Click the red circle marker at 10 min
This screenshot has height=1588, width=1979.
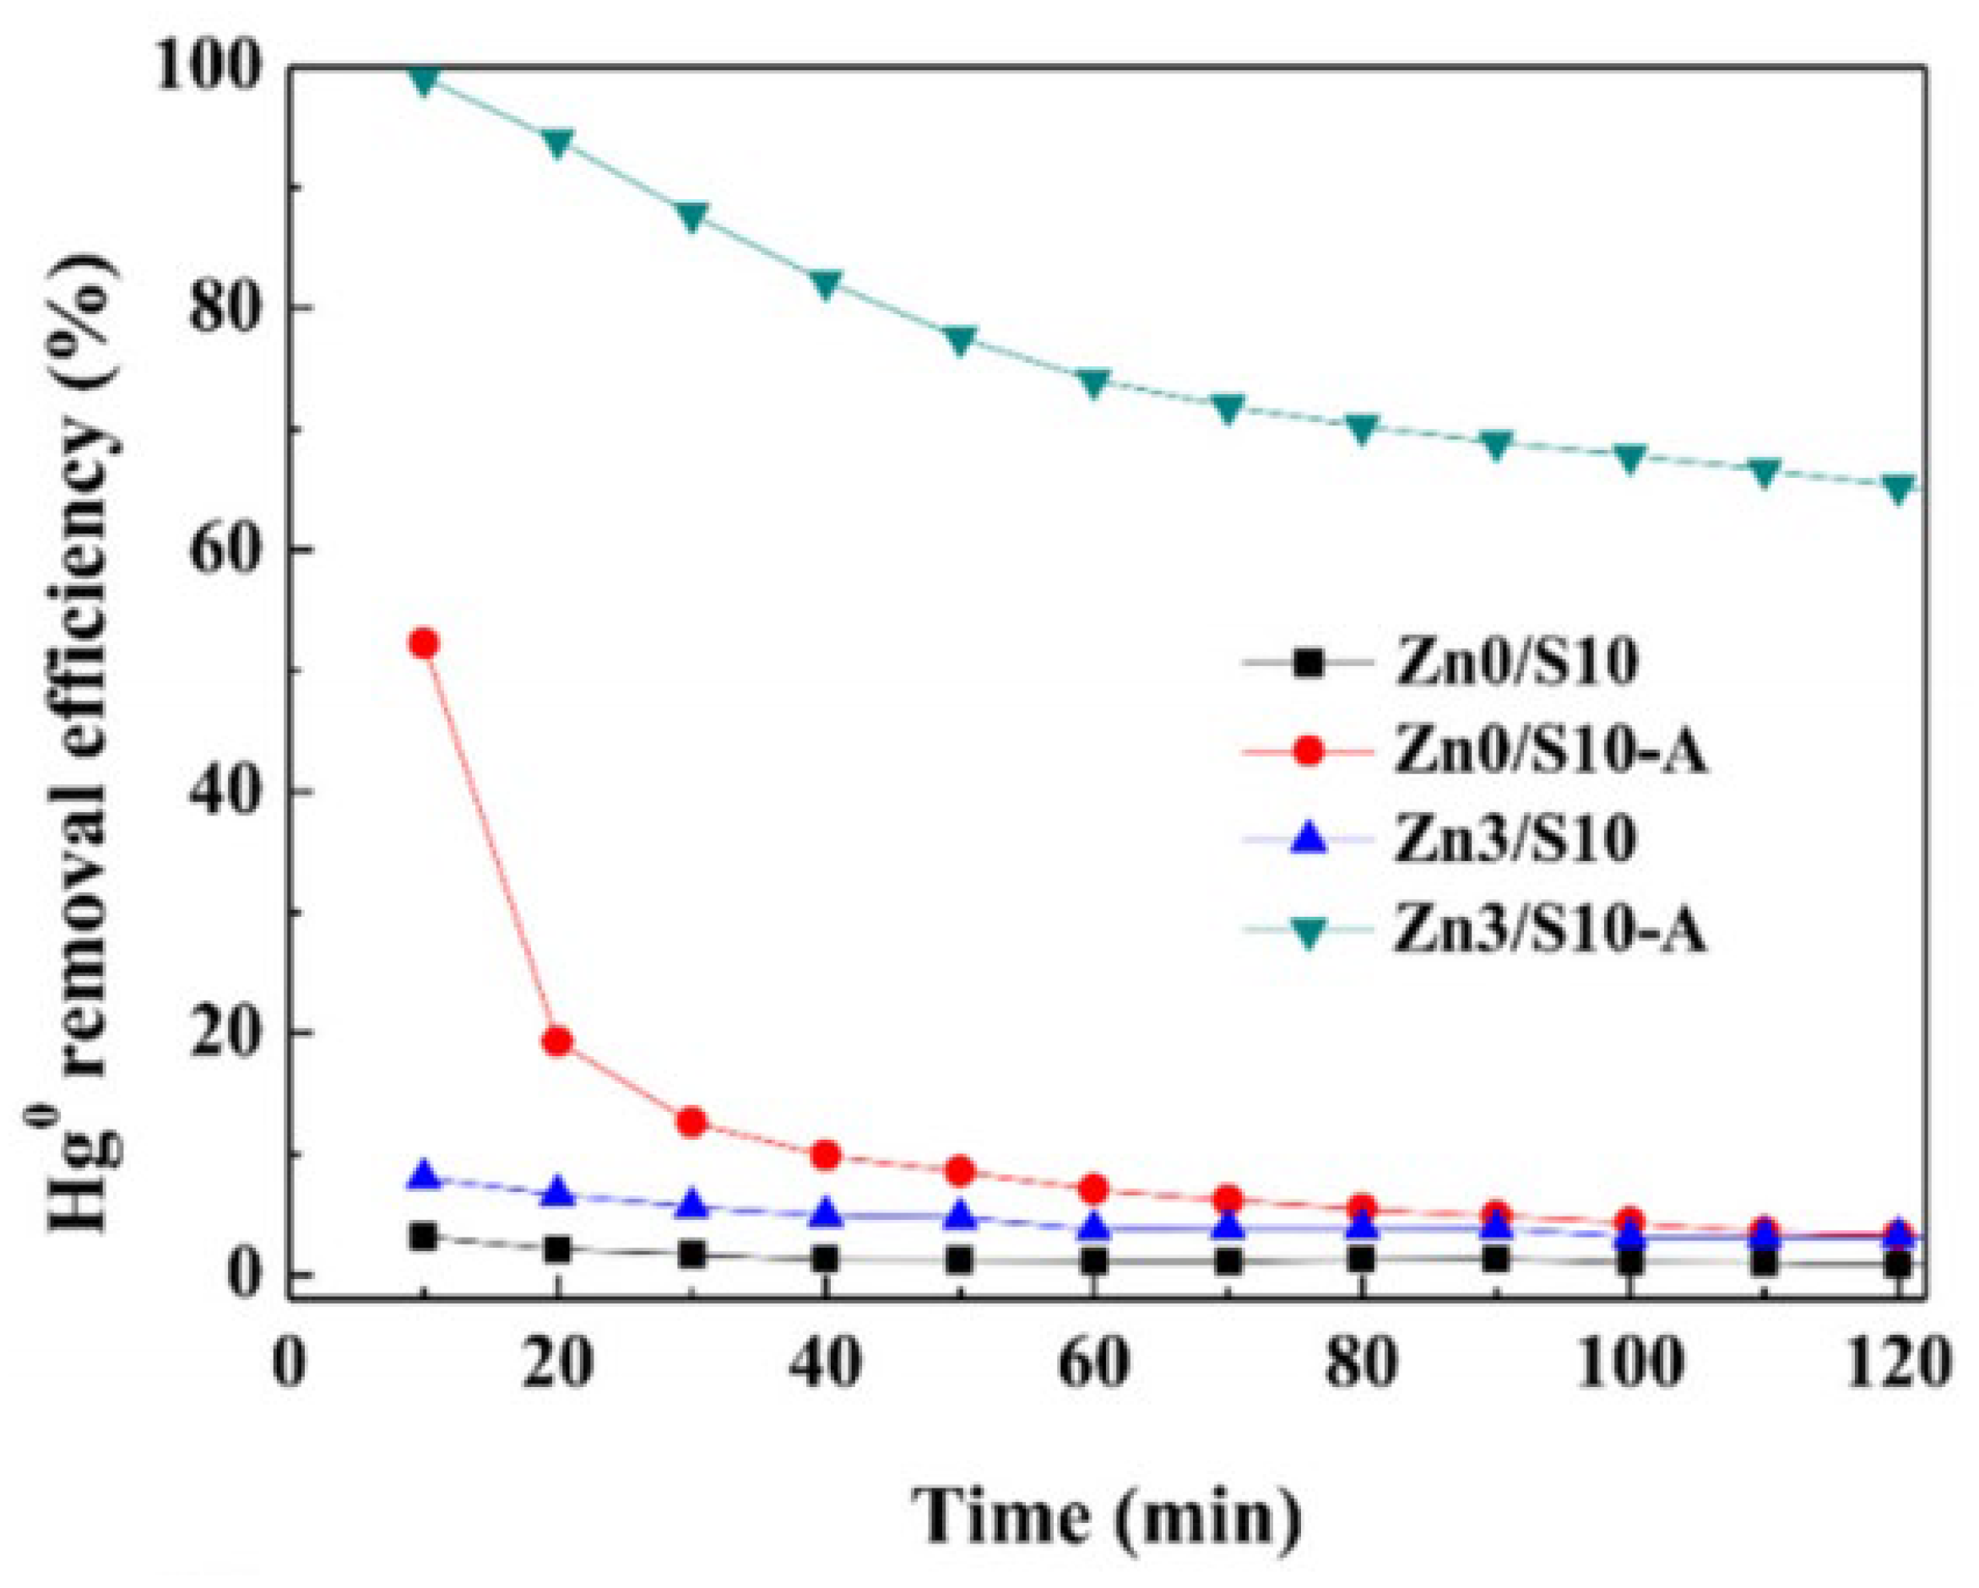pyautogui.click(x=423, y=643)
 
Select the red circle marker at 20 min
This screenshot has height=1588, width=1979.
pyautogui.click(x=557, y=1042)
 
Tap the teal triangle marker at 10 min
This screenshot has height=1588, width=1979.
pyautogui.click(x=423, y=80)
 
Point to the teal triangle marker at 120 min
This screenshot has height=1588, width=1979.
pyautogui.click(x=1896, y=487)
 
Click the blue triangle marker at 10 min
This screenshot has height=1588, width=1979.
pyautogui.click(x=423, y=1176)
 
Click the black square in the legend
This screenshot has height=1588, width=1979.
pyautogui.click(x=1309, y=662)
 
